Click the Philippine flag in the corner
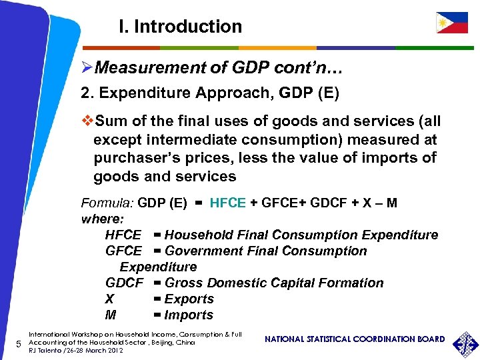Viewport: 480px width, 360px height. point(451,23)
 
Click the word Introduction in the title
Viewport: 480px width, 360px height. point(188,27)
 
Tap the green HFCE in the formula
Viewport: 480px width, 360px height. point(228,203)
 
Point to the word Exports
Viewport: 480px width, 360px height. point(189,299)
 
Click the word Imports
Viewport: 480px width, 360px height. point(189,315)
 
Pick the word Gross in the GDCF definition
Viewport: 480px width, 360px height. point(183,283)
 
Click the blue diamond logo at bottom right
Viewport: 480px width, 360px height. point(465,343)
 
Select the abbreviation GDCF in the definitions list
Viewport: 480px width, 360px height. point(124,283)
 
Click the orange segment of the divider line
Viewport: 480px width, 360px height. point(277,48)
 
